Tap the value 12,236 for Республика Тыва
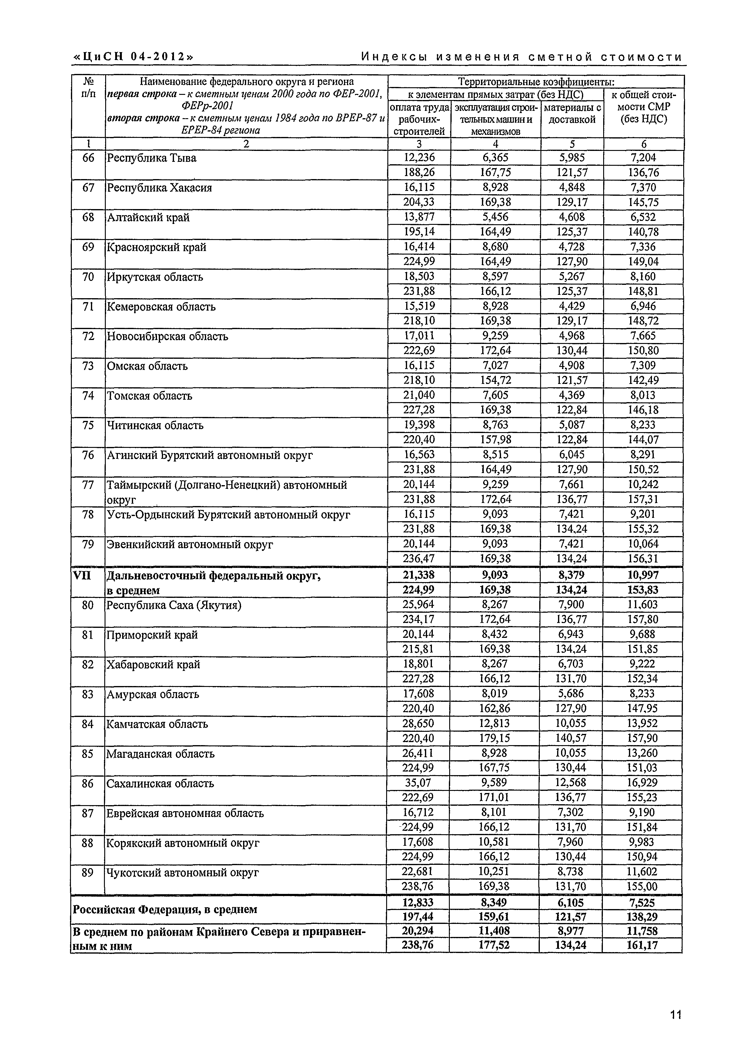pos(419,158)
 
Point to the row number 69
pos(88,247)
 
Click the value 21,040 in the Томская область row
pos(419,395)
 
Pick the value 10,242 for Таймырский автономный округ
pos(643,484)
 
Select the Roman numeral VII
pos(82,575)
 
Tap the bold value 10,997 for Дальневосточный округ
pos(643,575)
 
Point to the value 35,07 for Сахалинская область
pos(418,782)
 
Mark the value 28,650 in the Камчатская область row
pos(418,723)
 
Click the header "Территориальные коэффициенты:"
pos(536,82)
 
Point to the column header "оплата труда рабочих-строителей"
pos(419,119)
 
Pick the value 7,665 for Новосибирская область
pos(643,336)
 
